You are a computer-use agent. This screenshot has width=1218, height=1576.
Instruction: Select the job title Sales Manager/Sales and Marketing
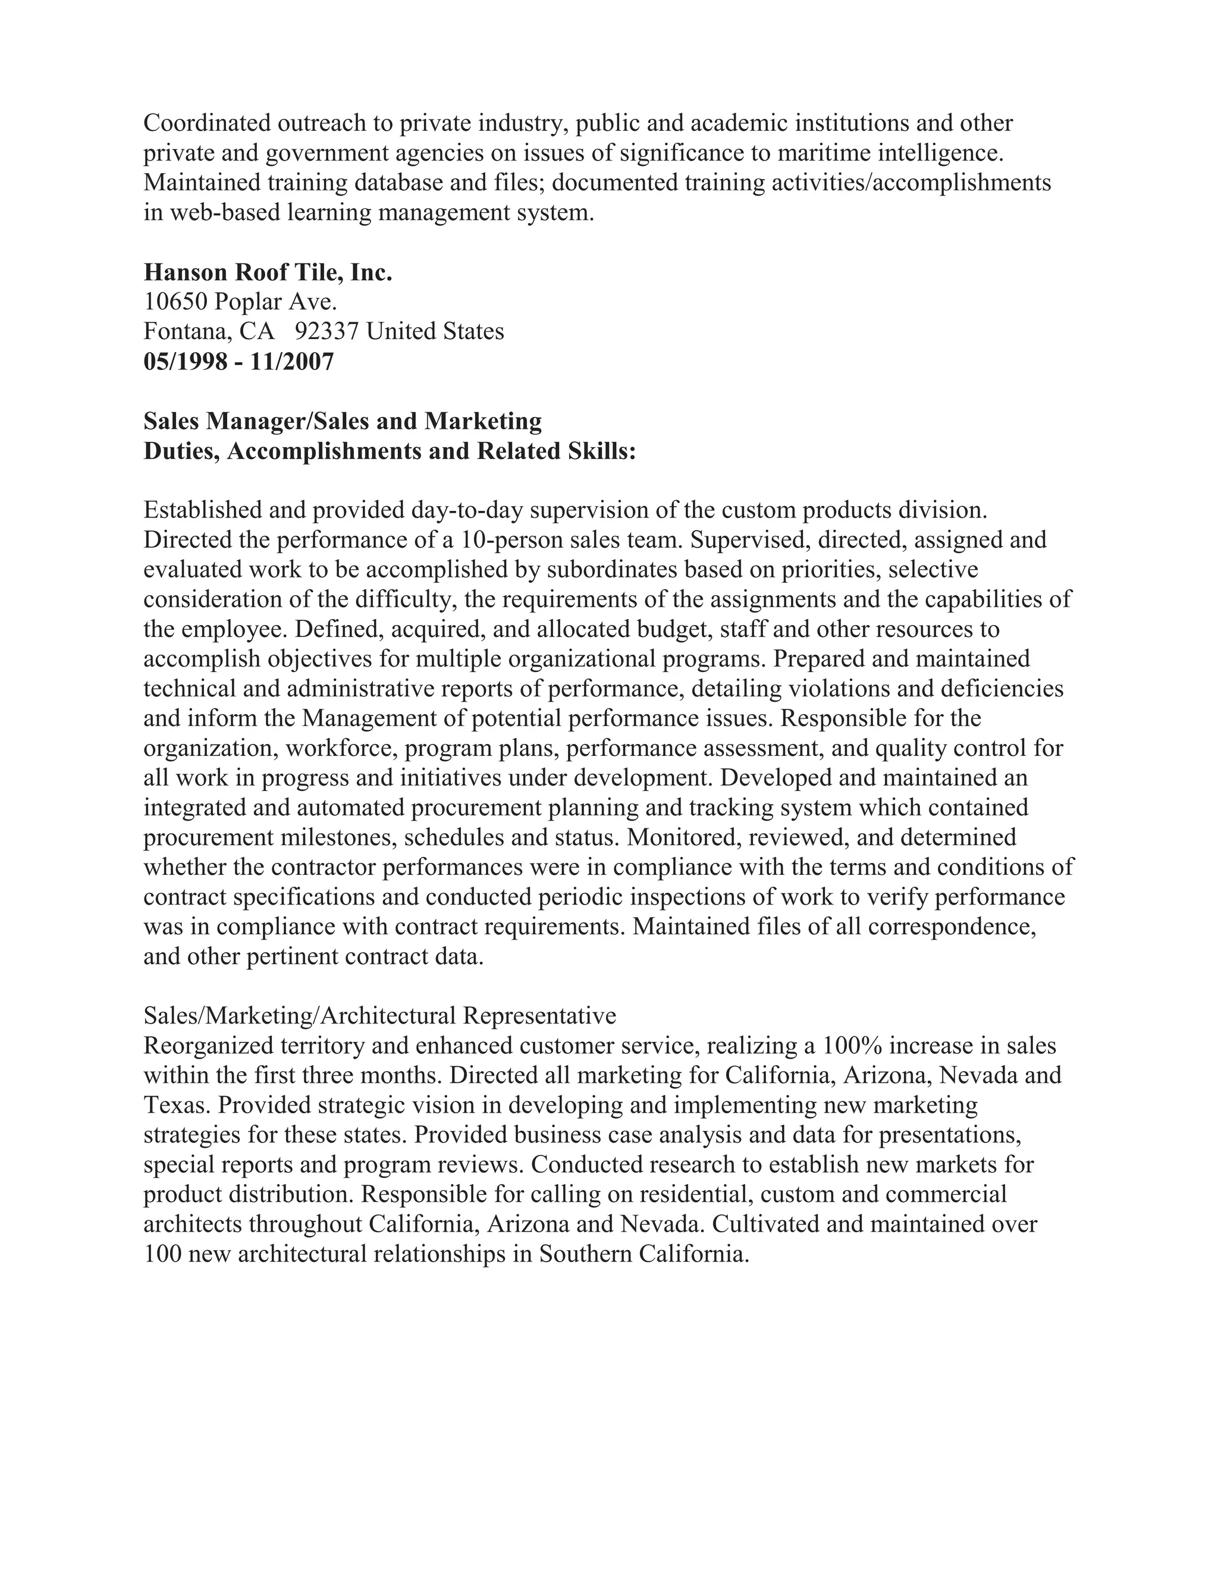342,420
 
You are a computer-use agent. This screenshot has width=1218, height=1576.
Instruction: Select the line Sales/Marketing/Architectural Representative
379,1016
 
